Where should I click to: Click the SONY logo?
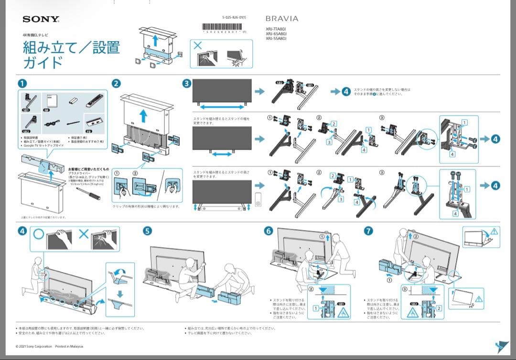point(41,20)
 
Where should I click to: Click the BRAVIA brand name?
point(282,19)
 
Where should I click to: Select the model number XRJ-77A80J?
point(276,30)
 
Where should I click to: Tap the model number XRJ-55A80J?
point(276,39)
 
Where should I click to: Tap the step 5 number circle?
point(148,231)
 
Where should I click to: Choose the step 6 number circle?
point(269,231)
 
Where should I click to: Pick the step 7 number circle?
point(368,231)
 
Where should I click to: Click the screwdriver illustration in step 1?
point(89,192)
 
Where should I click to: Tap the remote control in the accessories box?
point(95,102)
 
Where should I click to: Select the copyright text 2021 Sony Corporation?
point(34,346)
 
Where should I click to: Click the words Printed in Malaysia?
point(69,346)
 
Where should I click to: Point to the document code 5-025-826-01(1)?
point(234,17)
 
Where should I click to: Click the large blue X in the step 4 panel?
point(84,236)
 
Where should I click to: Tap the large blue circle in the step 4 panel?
point(39,236)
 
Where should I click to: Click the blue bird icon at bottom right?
point(502,346)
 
